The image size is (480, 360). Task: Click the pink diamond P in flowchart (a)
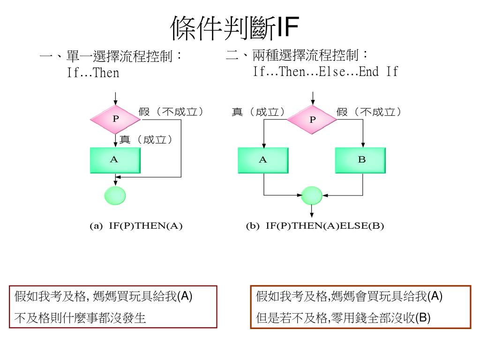pyautogui.click(x=115, y=119)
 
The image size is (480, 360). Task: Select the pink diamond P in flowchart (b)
pyautogui.click(x=312, y=120)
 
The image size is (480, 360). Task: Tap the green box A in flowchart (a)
pyautogui.click(x=115, y=160)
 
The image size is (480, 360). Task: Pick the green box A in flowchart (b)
pyautogui.click(x=263, y=160)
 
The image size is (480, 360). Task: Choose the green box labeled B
pyautogui.click(x=361, y=160)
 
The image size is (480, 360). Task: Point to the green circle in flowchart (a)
pyautogui.click(x=115, y=195)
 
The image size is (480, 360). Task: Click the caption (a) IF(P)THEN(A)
pyautogui.click(x=136, y=226)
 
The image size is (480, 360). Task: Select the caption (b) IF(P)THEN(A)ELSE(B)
pyautogui.click(x=315, y=226)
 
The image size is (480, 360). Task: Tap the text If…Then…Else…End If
pyautogui.click(x=325, y=72)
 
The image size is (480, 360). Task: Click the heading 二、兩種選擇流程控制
pyautogui.click(x=297, y=56)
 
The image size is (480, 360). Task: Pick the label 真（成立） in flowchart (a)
pyautogui.click(x=146, y=139)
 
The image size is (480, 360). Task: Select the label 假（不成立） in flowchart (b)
pyautogui.click(x=369, y=112)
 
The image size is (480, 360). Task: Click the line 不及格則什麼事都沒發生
pyautogui.click(x=80, y=319)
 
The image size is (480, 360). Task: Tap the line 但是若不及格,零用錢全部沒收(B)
pyautogui.click(x=343, y=318)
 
